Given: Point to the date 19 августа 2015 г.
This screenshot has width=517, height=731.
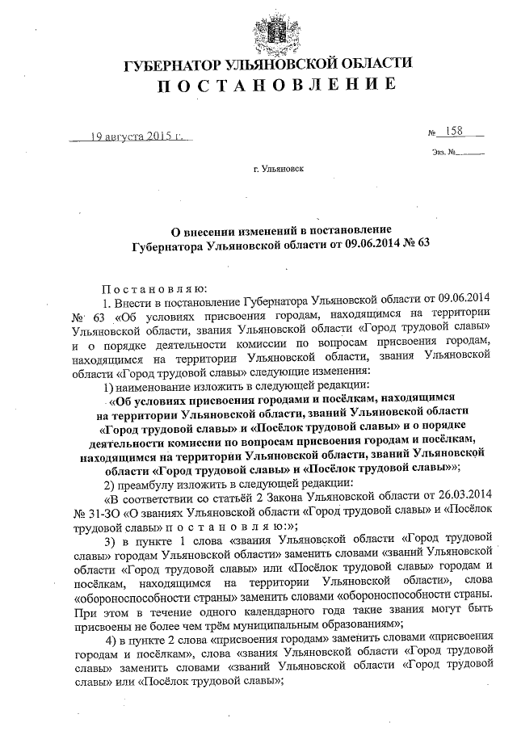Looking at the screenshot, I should (x=132, y=137).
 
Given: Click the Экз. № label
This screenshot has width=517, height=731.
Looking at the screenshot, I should (x=443, y=152).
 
